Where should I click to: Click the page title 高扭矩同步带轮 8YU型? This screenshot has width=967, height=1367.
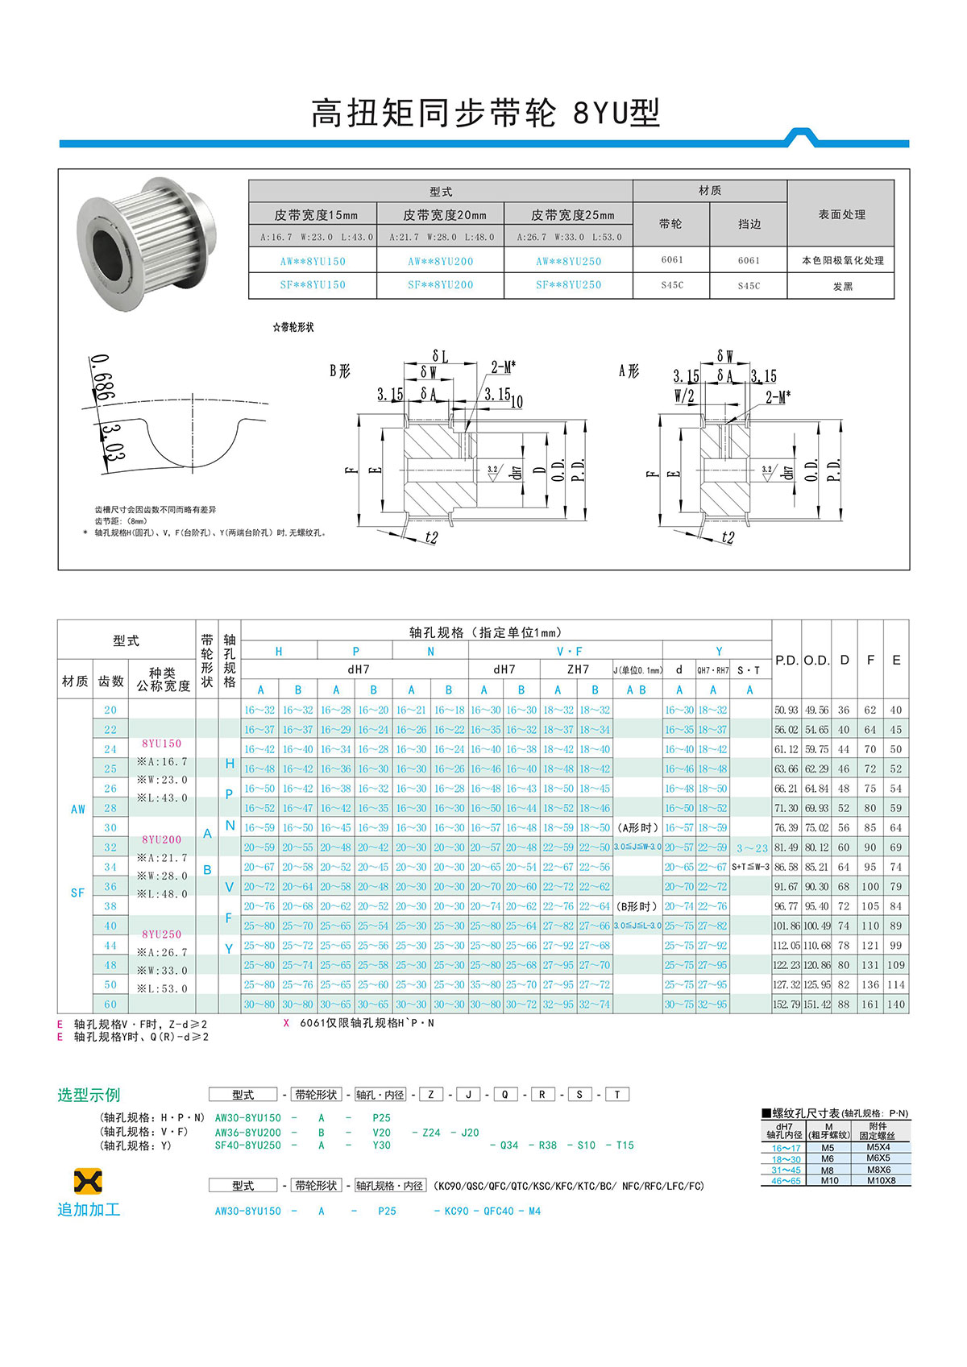point(485,114)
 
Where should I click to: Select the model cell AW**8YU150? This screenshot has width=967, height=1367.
point(313,261)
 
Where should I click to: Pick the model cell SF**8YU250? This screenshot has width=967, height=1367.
point(568,285)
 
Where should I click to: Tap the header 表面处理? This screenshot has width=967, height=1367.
point(841,214)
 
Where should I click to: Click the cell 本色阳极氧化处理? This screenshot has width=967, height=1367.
point(842,261)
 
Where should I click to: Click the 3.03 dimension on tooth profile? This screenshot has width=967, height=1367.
point(113,442)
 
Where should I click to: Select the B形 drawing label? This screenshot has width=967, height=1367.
point(340,371)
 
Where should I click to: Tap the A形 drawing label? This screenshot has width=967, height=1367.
point(629,371)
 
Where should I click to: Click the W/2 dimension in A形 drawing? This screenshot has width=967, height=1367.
point(684,396)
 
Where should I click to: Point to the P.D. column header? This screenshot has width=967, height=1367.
point(786,660)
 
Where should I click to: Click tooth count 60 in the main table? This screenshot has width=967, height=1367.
point(110,1005)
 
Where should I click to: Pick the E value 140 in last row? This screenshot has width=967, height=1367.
point(895,1005)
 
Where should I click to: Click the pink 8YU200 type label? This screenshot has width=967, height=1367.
point(162,839)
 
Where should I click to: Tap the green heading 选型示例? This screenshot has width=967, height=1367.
point(89,1095)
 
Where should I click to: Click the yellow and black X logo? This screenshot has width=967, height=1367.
point(88,1182)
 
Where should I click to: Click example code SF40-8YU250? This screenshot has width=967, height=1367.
point(247,1145)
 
